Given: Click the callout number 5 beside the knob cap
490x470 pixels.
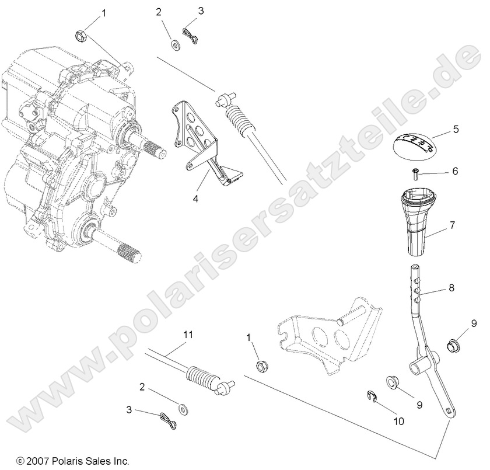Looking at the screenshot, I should point(456,130).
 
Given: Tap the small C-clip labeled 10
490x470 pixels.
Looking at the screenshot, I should point(370,397).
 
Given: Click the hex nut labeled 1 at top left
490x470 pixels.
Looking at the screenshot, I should point(82,36).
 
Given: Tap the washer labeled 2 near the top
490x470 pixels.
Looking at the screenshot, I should point(175,43).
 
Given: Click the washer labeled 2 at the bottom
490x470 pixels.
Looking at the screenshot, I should point(184,407).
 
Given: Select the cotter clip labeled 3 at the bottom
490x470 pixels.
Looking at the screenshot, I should point(167,417).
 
